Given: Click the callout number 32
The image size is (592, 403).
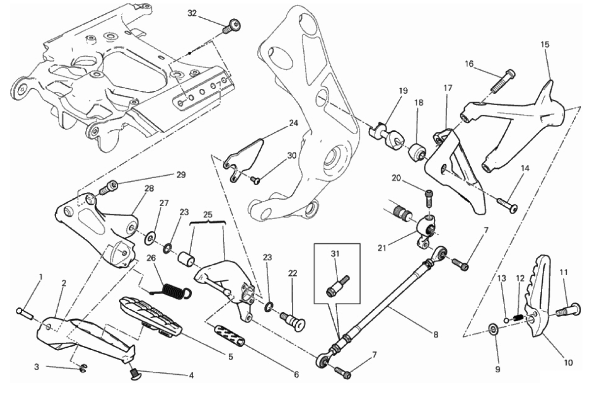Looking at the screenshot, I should (x=192, y=13).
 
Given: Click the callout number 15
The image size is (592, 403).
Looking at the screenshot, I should (x=544, y=45).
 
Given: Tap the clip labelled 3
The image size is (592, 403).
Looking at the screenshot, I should (x=83, y=367).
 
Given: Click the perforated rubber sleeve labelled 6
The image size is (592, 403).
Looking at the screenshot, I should (x=230, y=335).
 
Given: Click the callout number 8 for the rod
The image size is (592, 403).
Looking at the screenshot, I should (x=436, y=334).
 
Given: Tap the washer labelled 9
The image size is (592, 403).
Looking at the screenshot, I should (x=492, y=329).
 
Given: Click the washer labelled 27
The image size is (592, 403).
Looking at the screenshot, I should (x=149, y=239).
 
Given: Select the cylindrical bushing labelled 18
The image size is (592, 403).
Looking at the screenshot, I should (x=417, y=151).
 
